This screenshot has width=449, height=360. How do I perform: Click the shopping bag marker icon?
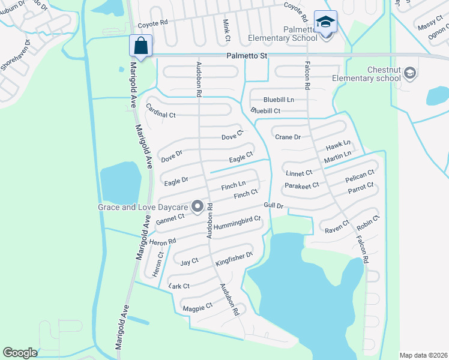click(140, 46)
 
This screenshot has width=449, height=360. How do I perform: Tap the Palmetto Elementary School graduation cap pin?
click(325, 23)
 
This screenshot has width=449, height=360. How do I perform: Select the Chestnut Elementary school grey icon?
click(410, 73)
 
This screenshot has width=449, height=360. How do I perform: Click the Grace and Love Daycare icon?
click(197, 207)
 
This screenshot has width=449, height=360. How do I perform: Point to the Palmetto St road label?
click(247, 55)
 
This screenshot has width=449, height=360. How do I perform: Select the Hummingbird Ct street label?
click(237, 219)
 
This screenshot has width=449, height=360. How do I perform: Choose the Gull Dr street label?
click(273, 206)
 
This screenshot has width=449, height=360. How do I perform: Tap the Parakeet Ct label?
click(302, 186)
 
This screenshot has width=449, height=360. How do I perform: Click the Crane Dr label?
click(288, 137)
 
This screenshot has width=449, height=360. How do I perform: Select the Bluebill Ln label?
click(279, 99)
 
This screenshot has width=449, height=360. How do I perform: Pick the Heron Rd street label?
click(163, 242)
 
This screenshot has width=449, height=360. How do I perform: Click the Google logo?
click(20, 353)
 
